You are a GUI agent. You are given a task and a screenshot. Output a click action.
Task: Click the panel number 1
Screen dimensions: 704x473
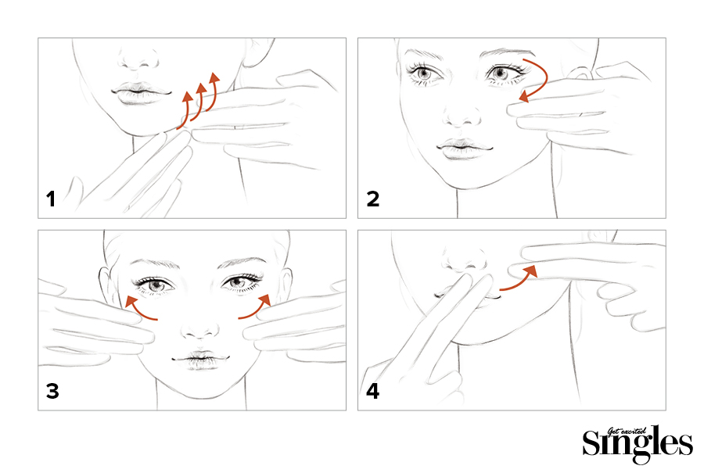pos(51,199)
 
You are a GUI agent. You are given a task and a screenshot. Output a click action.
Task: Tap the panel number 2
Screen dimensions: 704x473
pos(372,199)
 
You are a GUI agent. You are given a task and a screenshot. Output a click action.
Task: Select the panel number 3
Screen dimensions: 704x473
pos(52,391)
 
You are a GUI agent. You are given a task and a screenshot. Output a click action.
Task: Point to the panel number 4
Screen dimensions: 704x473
pos(372,391)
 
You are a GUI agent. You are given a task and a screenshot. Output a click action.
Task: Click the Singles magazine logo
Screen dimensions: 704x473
pos(637,444)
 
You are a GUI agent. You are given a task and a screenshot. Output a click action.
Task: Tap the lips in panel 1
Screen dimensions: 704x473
pos(142,93)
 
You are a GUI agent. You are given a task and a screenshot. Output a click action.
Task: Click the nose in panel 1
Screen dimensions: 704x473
pos(138,59)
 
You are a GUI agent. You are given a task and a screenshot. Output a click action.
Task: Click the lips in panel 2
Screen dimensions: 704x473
pos(464,148)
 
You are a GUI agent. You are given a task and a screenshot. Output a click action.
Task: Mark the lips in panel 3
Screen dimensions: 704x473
pos(200,360)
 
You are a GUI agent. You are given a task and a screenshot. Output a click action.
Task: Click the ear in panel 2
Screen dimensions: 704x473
pos(579,72)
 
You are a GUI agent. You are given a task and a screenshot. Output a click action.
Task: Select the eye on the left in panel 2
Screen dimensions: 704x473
pos(424,73)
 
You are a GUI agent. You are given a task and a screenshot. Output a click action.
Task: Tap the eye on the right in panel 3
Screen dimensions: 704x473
pos(240,283)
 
